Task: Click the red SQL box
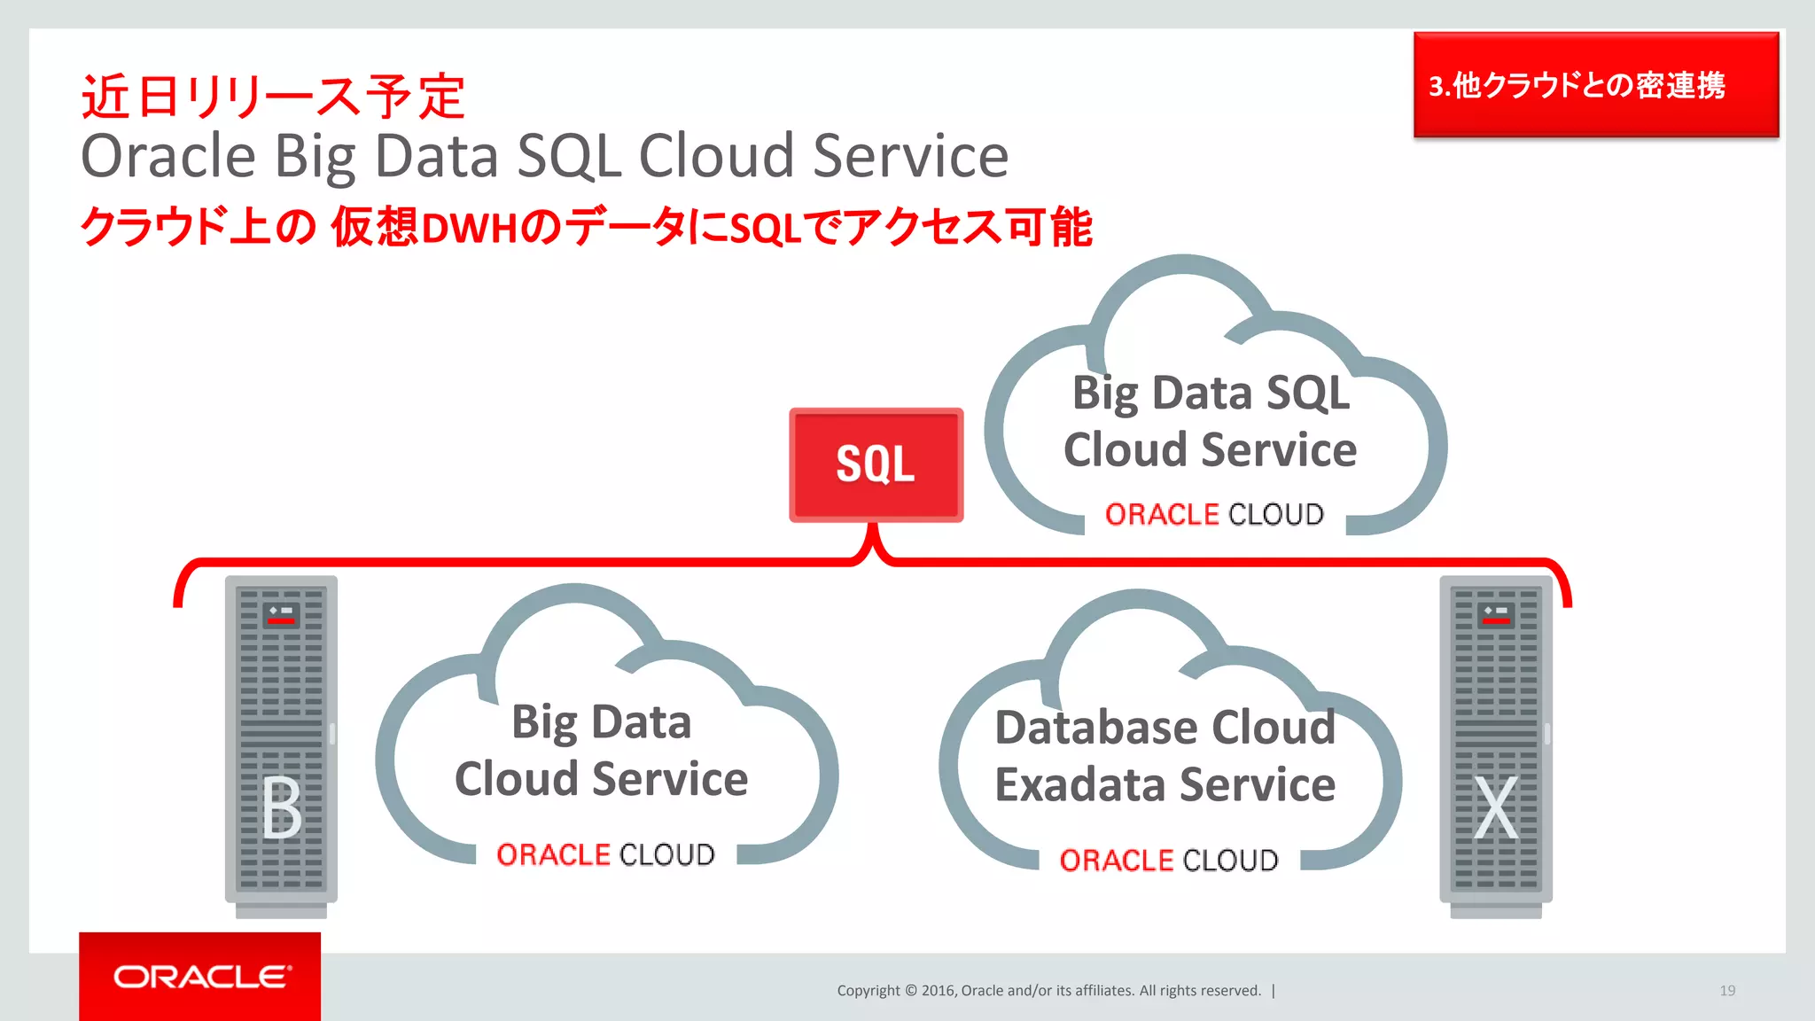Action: (x=876, y=464)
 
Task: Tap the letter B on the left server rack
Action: (x=282, y=807)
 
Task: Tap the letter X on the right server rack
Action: (x=1496, y=807)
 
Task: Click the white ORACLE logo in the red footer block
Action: (x=201, y=977)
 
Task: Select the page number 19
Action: (x=1727, y=991)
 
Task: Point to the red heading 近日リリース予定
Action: (x=273, y=97)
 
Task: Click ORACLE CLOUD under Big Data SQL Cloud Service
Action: (x=1214, y=514)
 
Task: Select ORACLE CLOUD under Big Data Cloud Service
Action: (x=605, y=854)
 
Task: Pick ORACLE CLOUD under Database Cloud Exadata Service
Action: (x=1169, y=860)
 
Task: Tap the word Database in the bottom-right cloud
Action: (x=1096, y=729)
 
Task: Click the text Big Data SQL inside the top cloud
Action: (x=1211, y=394)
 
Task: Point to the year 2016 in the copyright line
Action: (x=939, y=991)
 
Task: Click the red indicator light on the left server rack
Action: (x=281, y=621)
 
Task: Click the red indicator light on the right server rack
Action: (x=1496, y=621)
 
